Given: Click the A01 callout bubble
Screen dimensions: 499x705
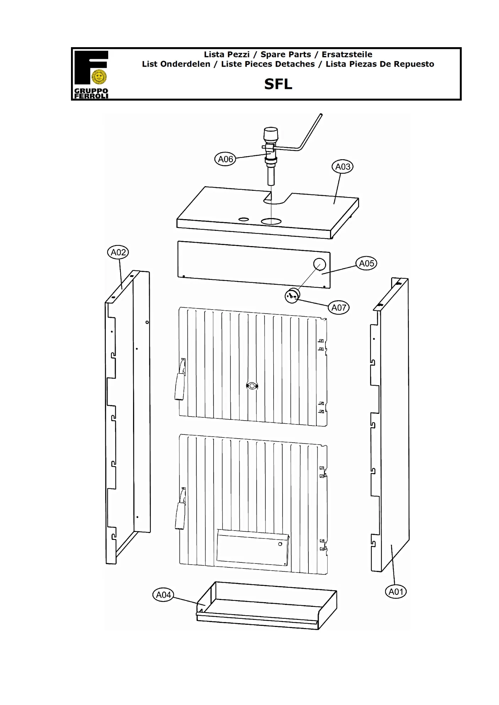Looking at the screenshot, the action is pos(396,592).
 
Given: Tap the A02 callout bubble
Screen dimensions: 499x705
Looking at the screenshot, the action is pos(118,252).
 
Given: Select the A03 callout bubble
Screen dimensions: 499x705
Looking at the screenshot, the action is pos(342,166).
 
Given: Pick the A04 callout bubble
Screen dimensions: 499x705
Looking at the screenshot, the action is pos(163,595).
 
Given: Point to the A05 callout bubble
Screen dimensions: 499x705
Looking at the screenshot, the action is pos(366,263).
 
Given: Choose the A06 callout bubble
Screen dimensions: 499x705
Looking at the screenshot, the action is pos(225,159).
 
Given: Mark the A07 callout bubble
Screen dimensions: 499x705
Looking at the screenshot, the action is pos(339,307).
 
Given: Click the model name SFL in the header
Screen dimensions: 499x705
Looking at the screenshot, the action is pos(278,84).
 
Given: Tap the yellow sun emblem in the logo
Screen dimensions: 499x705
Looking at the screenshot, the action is pos(99,77).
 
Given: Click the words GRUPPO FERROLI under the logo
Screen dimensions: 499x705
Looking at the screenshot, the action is pos(91,93).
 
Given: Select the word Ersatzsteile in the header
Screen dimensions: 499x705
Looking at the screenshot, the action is pos(347,55).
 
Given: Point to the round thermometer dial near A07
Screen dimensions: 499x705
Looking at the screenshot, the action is pos(292,296).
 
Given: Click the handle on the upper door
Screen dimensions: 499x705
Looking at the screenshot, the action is pos(180,379).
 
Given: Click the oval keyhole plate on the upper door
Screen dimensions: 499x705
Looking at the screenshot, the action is pos(252,386).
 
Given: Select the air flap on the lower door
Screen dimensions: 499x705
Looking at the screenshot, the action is pos(252,548).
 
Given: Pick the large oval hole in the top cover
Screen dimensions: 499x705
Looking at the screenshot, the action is pos(271,222).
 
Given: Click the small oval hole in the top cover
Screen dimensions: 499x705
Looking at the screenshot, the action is pos(243,219).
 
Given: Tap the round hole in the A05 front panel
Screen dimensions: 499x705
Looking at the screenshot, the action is pos(319,264).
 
